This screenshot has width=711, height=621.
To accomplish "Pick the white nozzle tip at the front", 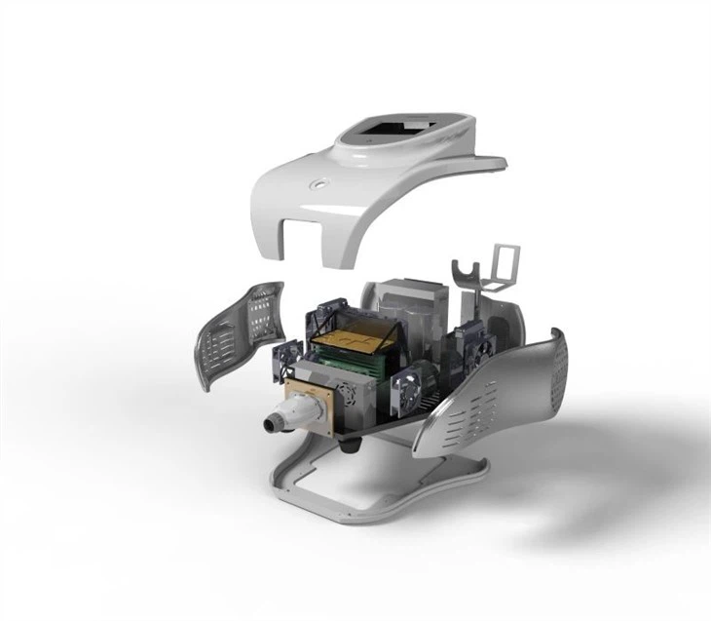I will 271,422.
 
